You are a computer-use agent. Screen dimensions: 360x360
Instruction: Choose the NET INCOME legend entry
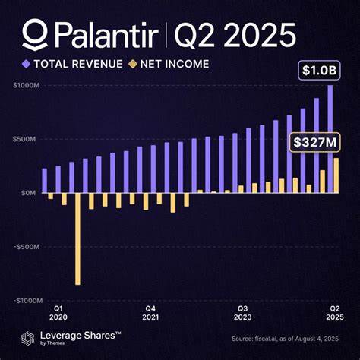(x=172, y=64)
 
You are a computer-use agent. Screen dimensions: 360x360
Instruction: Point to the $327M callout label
(x=311, y=141)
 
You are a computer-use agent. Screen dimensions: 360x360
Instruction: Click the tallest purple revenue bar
(x=330, y=138)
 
